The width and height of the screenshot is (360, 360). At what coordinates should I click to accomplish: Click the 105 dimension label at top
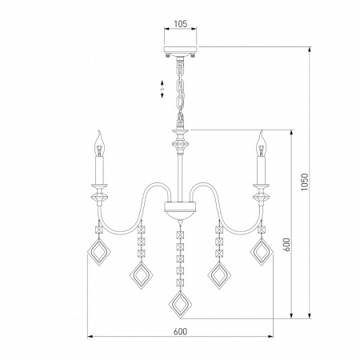pyautogui.click(x=181, y=24)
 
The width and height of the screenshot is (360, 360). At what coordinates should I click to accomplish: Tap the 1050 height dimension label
pyautogui.click(x=305, y=182)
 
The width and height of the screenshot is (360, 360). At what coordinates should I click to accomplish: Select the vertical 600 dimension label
pyautogui.click(x=286, y=244)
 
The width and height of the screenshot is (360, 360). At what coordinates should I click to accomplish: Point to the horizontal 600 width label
pyautogui.click(x=180, y=331)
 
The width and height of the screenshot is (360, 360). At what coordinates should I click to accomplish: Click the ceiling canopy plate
pyautogui.click(x=181, y=50)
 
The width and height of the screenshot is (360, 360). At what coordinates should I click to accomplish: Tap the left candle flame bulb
pyautogui.click(x=100, y=143)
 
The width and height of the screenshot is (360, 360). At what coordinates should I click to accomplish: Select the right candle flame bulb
pyautogui.click(x=261, y=143)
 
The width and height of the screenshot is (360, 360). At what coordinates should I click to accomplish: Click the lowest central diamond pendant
pyautogui.click(x=181, y=305)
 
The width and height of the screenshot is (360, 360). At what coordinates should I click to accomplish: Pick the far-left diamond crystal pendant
pyautogui.click(x=99, y=252)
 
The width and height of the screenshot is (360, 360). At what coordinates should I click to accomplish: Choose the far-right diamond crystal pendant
pyautogui.click(x=262, y=252)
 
